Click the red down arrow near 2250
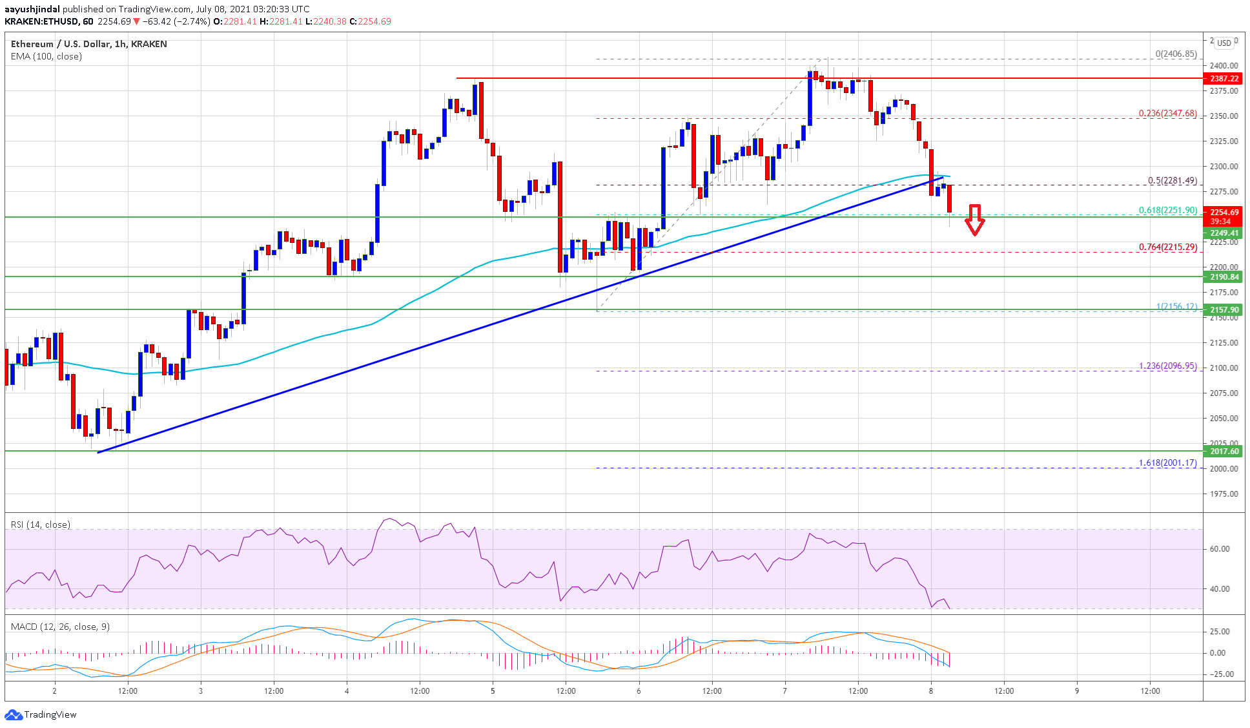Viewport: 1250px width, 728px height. (x=974, y=220)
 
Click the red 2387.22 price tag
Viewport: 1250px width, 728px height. (x=1224, y=78)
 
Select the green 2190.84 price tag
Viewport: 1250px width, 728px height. (x=1224, y=277)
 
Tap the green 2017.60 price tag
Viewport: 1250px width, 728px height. (x=1224, y=452)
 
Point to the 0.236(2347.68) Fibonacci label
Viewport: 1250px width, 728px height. (x=1167, y=114)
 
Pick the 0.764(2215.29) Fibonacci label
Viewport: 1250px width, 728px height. (x=1167, y=247)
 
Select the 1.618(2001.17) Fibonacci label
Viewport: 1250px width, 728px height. (x=1167, y=463)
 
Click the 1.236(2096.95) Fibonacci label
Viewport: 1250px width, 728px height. (x=1167, y=366)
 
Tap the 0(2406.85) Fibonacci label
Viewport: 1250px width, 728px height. (x=1176, y=54)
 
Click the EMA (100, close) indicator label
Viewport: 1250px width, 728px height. (x=46, y=57)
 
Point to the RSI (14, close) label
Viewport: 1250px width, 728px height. (x=41, y=525)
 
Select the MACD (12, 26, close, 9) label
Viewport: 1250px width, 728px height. (x=60, y=627)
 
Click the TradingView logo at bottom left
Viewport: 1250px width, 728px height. (x=41, y=714)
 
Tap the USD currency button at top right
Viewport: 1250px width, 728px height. (x=1224, y=43)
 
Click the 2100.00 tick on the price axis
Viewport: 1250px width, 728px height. (x=1224, y=368)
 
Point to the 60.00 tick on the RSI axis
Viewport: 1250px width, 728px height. (x=1219, y=549)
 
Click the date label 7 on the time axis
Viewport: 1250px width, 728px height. (x=785, y=691)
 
